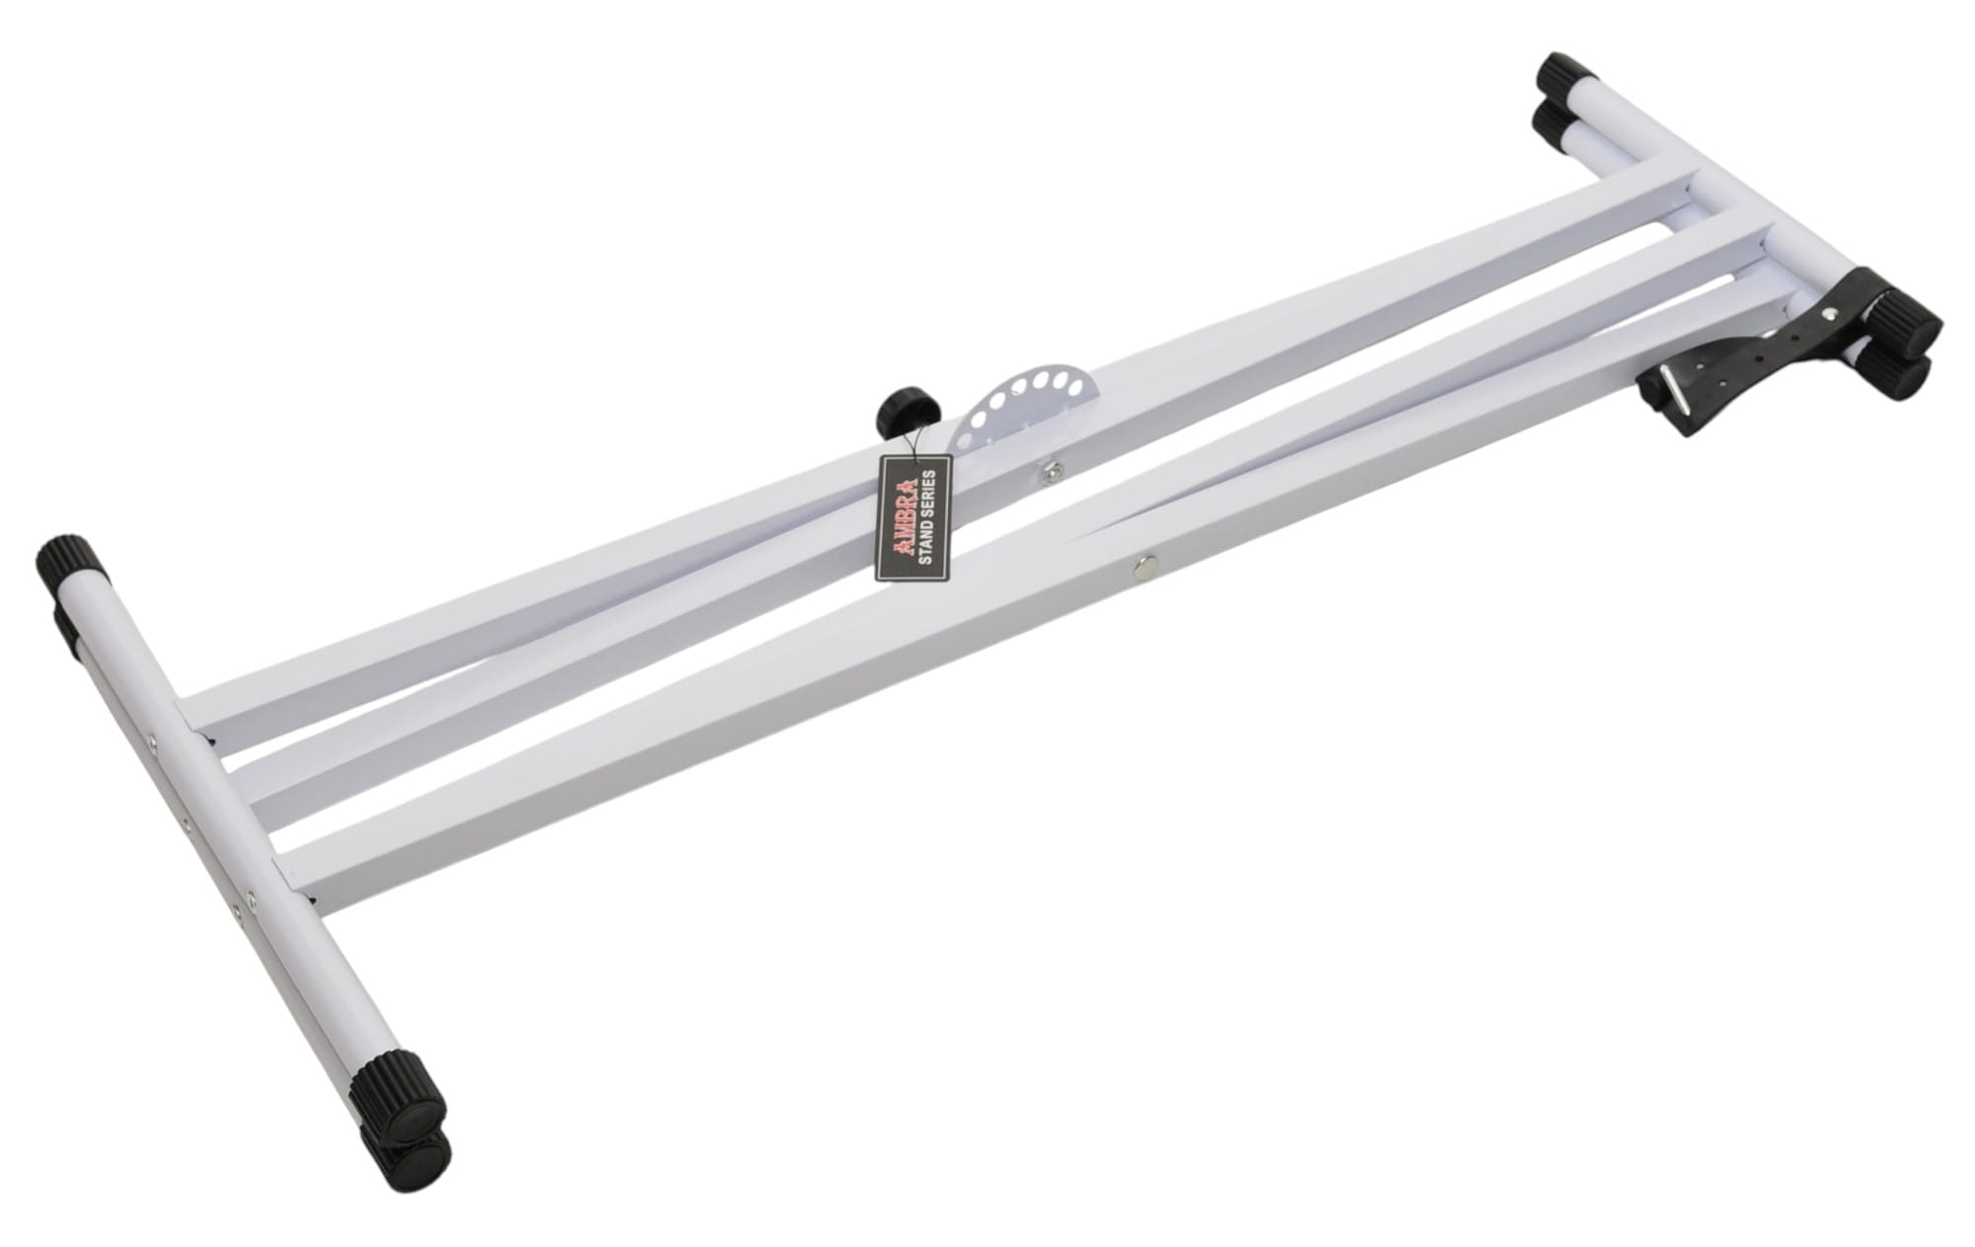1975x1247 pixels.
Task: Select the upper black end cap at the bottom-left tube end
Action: click(x=409, y=1096)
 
